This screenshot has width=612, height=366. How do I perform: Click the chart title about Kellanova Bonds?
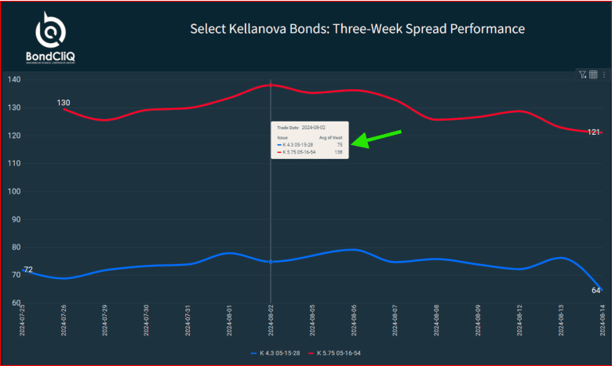click(357, 29)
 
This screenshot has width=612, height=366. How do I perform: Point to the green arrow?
click(377, 137)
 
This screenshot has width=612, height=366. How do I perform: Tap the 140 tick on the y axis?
click(14, 80)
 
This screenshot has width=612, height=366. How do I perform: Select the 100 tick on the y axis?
click(14, 191)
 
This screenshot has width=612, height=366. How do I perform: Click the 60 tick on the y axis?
click(14, 303)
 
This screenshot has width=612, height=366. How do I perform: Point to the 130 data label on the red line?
click(64, 103)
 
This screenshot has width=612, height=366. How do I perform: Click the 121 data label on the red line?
click(594, 132)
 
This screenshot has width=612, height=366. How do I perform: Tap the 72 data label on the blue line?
click(27, 270)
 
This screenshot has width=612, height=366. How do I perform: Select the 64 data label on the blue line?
click(596, 291)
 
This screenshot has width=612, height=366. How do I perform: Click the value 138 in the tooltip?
click(339, 152)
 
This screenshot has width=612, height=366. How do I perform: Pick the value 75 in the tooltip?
click(340, 145)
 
